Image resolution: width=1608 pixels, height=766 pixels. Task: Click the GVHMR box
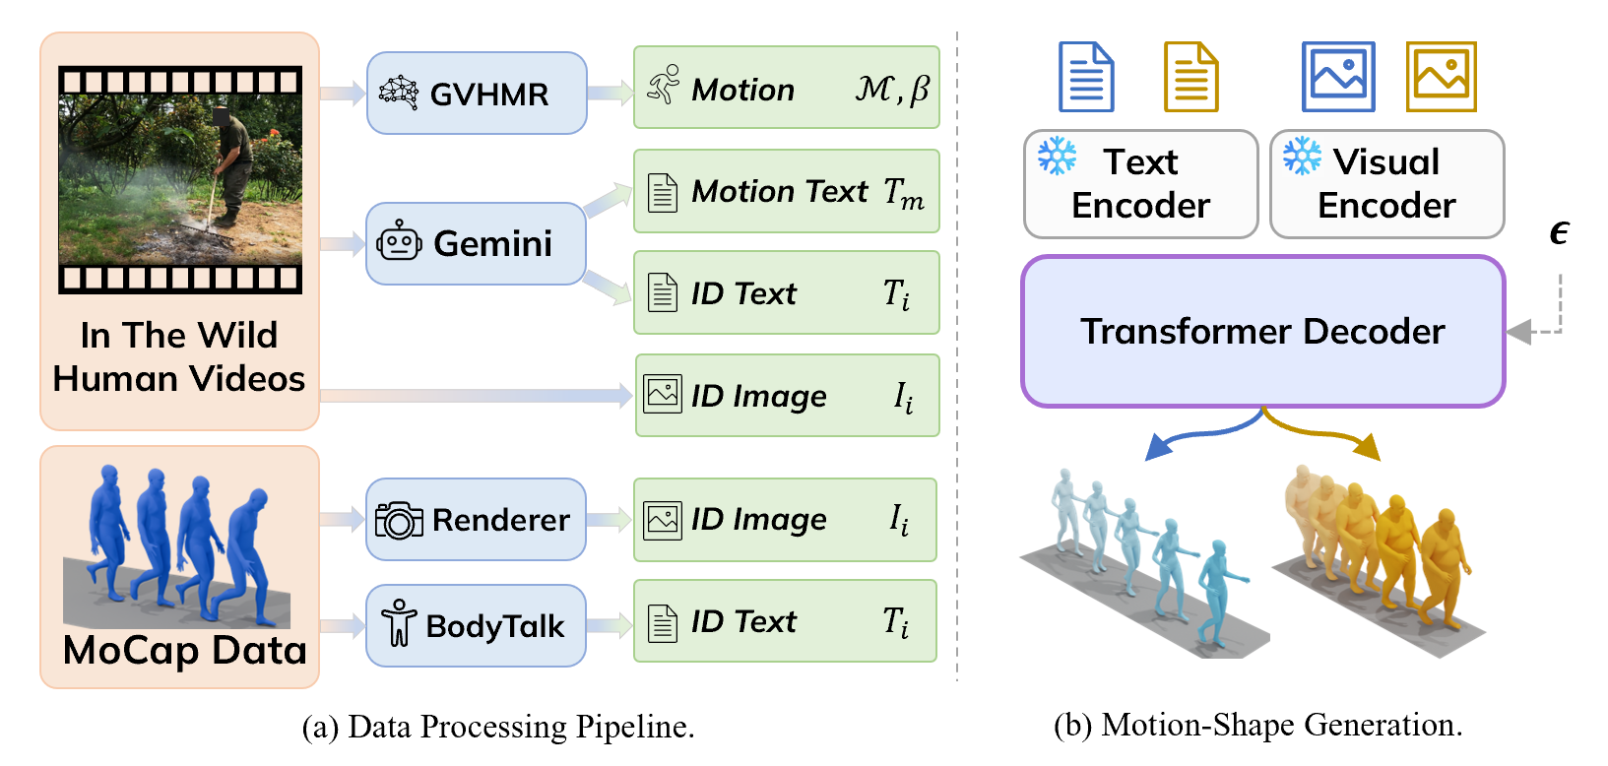pyautogui.click(x=477, y=94)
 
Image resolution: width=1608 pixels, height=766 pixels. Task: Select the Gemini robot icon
pyautogui.click(x=399, y=242)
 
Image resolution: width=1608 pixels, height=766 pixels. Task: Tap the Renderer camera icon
pyautogui.click(x=399, y=520)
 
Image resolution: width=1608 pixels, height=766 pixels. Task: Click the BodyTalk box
pyautogui.click(x=477, y=625)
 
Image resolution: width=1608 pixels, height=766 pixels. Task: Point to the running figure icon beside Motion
pyautogui.click(x=664, y=87)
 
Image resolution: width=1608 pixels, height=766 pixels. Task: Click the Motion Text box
pyautogui.click(x=786, y=191)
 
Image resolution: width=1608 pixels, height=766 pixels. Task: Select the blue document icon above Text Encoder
pyautogui.click(x=1086, y=77)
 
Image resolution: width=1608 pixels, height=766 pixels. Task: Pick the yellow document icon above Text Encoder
pyautogui.click(x=1190, y=77)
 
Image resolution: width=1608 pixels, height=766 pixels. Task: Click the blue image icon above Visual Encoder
pyautogui.click(x=1338, y=77)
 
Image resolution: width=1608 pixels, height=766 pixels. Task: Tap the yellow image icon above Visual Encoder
pyautogui.click(x=1442, y=77)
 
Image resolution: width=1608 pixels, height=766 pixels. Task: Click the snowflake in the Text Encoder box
pyautogui.click(x=1058, y=157)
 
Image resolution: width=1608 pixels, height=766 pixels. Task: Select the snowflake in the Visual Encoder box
pyautogui.click(x=1302, y=157)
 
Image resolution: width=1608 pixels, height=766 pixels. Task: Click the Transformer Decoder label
pyautogui.click(x=1262, y=332)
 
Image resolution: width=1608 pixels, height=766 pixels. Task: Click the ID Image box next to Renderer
pyautogui.click(x=785, y=520)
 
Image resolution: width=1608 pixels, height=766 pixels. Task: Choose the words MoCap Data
pyautogui.click(x=184, y=651)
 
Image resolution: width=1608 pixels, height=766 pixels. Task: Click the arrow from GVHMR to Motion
pyautogui.click(x=611, y=94)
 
